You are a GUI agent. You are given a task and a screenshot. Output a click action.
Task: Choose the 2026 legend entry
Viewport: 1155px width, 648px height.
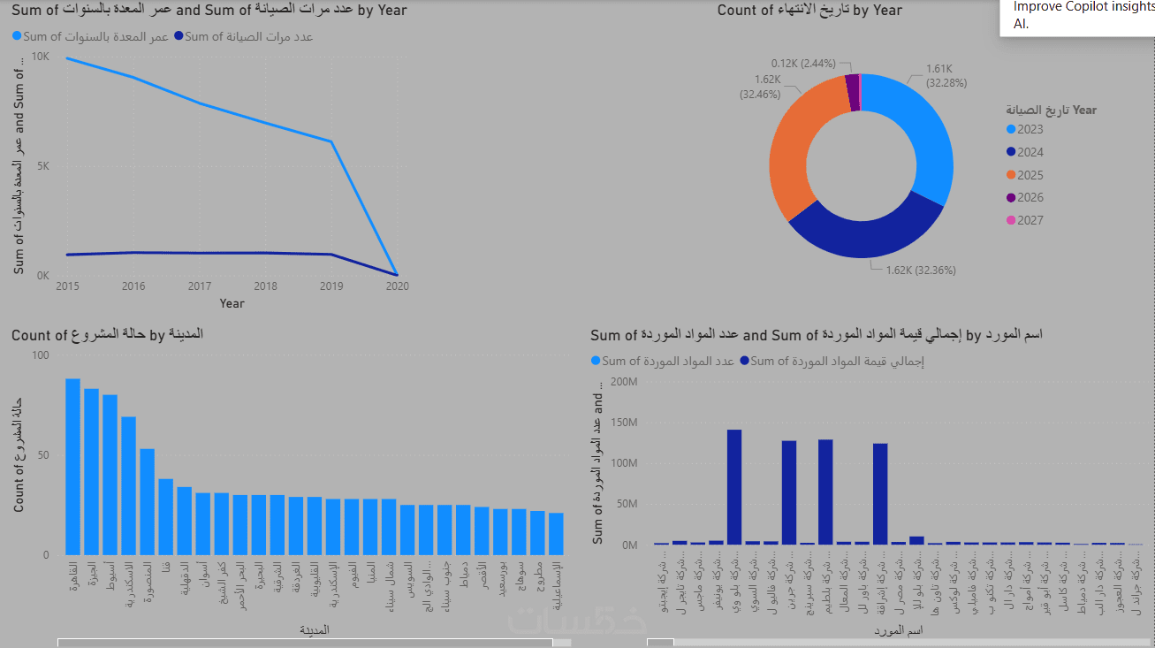(1030, 198)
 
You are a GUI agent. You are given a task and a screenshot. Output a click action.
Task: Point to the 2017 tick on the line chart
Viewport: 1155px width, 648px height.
(201, 286)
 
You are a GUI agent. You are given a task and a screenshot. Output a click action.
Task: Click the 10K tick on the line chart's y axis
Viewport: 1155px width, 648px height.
(41, 57)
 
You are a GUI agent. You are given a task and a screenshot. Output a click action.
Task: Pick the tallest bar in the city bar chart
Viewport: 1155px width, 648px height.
(72, 466)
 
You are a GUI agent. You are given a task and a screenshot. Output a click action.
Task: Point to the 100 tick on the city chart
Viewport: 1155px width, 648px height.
(42, 355)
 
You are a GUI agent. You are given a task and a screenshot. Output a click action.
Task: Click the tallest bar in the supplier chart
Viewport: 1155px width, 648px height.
(733, 486)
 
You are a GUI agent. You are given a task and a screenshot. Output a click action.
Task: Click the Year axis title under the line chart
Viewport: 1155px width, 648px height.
(232, 303)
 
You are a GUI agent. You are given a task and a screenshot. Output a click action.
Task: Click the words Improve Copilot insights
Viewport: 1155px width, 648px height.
(1083, 6)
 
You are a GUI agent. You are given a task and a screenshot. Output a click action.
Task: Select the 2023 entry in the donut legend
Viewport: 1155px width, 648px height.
(1030, 129)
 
